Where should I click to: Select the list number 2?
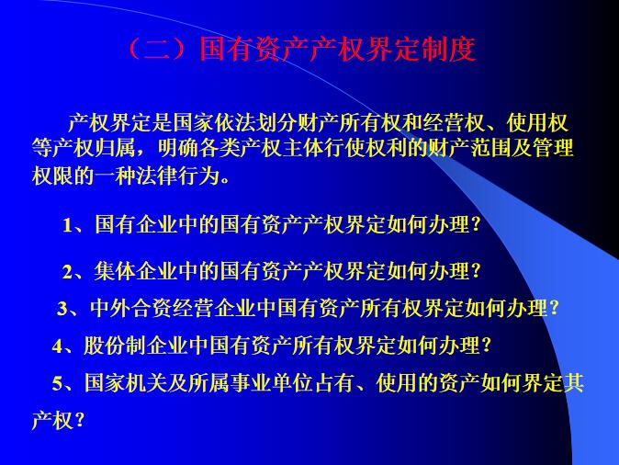[x=67, y=272]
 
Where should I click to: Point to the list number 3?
[x=62, y=309]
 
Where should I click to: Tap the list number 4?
[x=57, y=346]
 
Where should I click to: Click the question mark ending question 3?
[x=554, y=309]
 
